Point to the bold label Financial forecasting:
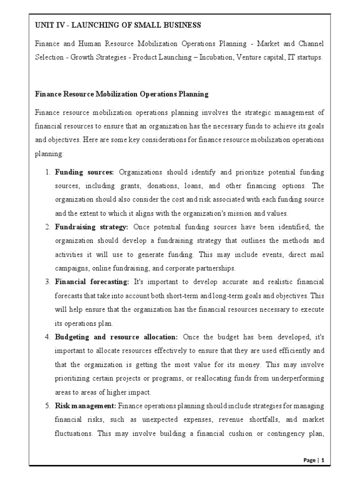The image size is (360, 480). point(92,282)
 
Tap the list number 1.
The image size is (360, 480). point(47,172)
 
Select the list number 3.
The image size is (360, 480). point(47,282)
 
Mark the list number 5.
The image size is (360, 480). point(47,406)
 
